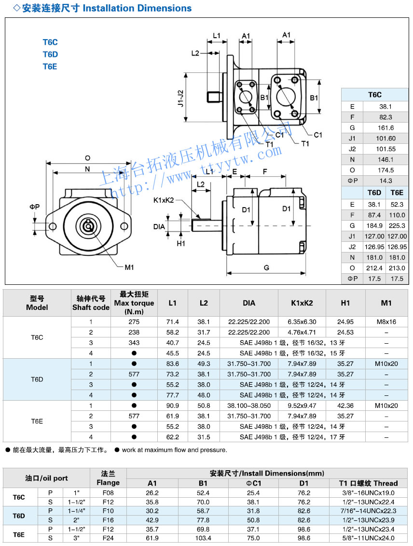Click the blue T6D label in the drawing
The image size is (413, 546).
(x=50, y=54)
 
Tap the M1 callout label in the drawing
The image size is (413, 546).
(x=129, y=267)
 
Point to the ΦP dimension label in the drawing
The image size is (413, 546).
(x=34, y=207)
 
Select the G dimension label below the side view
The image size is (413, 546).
(x=266, y=267)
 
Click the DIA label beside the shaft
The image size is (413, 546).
(x=159, y=226)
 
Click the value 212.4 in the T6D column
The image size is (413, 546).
(x=374, y=268)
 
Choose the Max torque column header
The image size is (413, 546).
(x=134, y=303)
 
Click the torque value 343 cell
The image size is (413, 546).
(x=134, y=343)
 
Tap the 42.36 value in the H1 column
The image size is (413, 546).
(x=345, y=406)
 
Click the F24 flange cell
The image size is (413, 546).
(x=108, y=538)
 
